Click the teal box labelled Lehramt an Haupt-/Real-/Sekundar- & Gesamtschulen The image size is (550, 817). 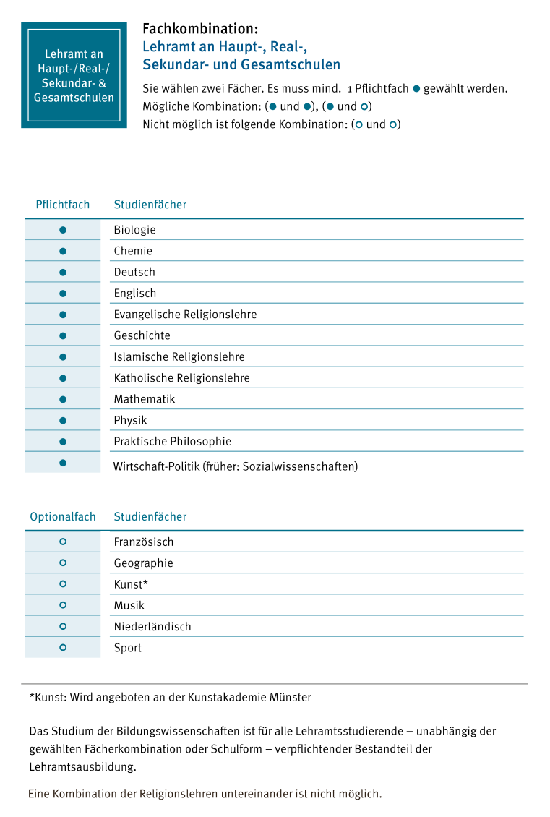tap(74, 75)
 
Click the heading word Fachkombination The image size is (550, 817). tap(200, 30)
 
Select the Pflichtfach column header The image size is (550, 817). tap(63, 205)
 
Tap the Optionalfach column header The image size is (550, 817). tap(63, 517)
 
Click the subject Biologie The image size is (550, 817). tap(134, 230)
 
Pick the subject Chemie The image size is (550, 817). tap(133, 251)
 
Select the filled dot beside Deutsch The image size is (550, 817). tap(63, 273)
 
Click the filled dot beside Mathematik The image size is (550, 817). tap(63, 399)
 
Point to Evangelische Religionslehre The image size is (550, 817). tap(185, 315)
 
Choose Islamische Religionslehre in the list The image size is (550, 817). tap(179, 357)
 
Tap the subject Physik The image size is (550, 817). tap(130, 420)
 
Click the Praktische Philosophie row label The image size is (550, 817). tap(173, 442)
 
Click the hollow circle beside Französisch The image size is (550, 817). tap(63, 542)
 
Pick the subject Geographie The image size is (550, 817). tap(143, 563)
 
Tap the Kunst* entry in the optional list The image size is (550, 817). tap(130, 584)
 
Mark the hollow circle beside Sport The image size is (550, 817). tap(63, 648)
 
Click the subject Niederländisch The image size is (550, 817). tap(152, 627)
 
